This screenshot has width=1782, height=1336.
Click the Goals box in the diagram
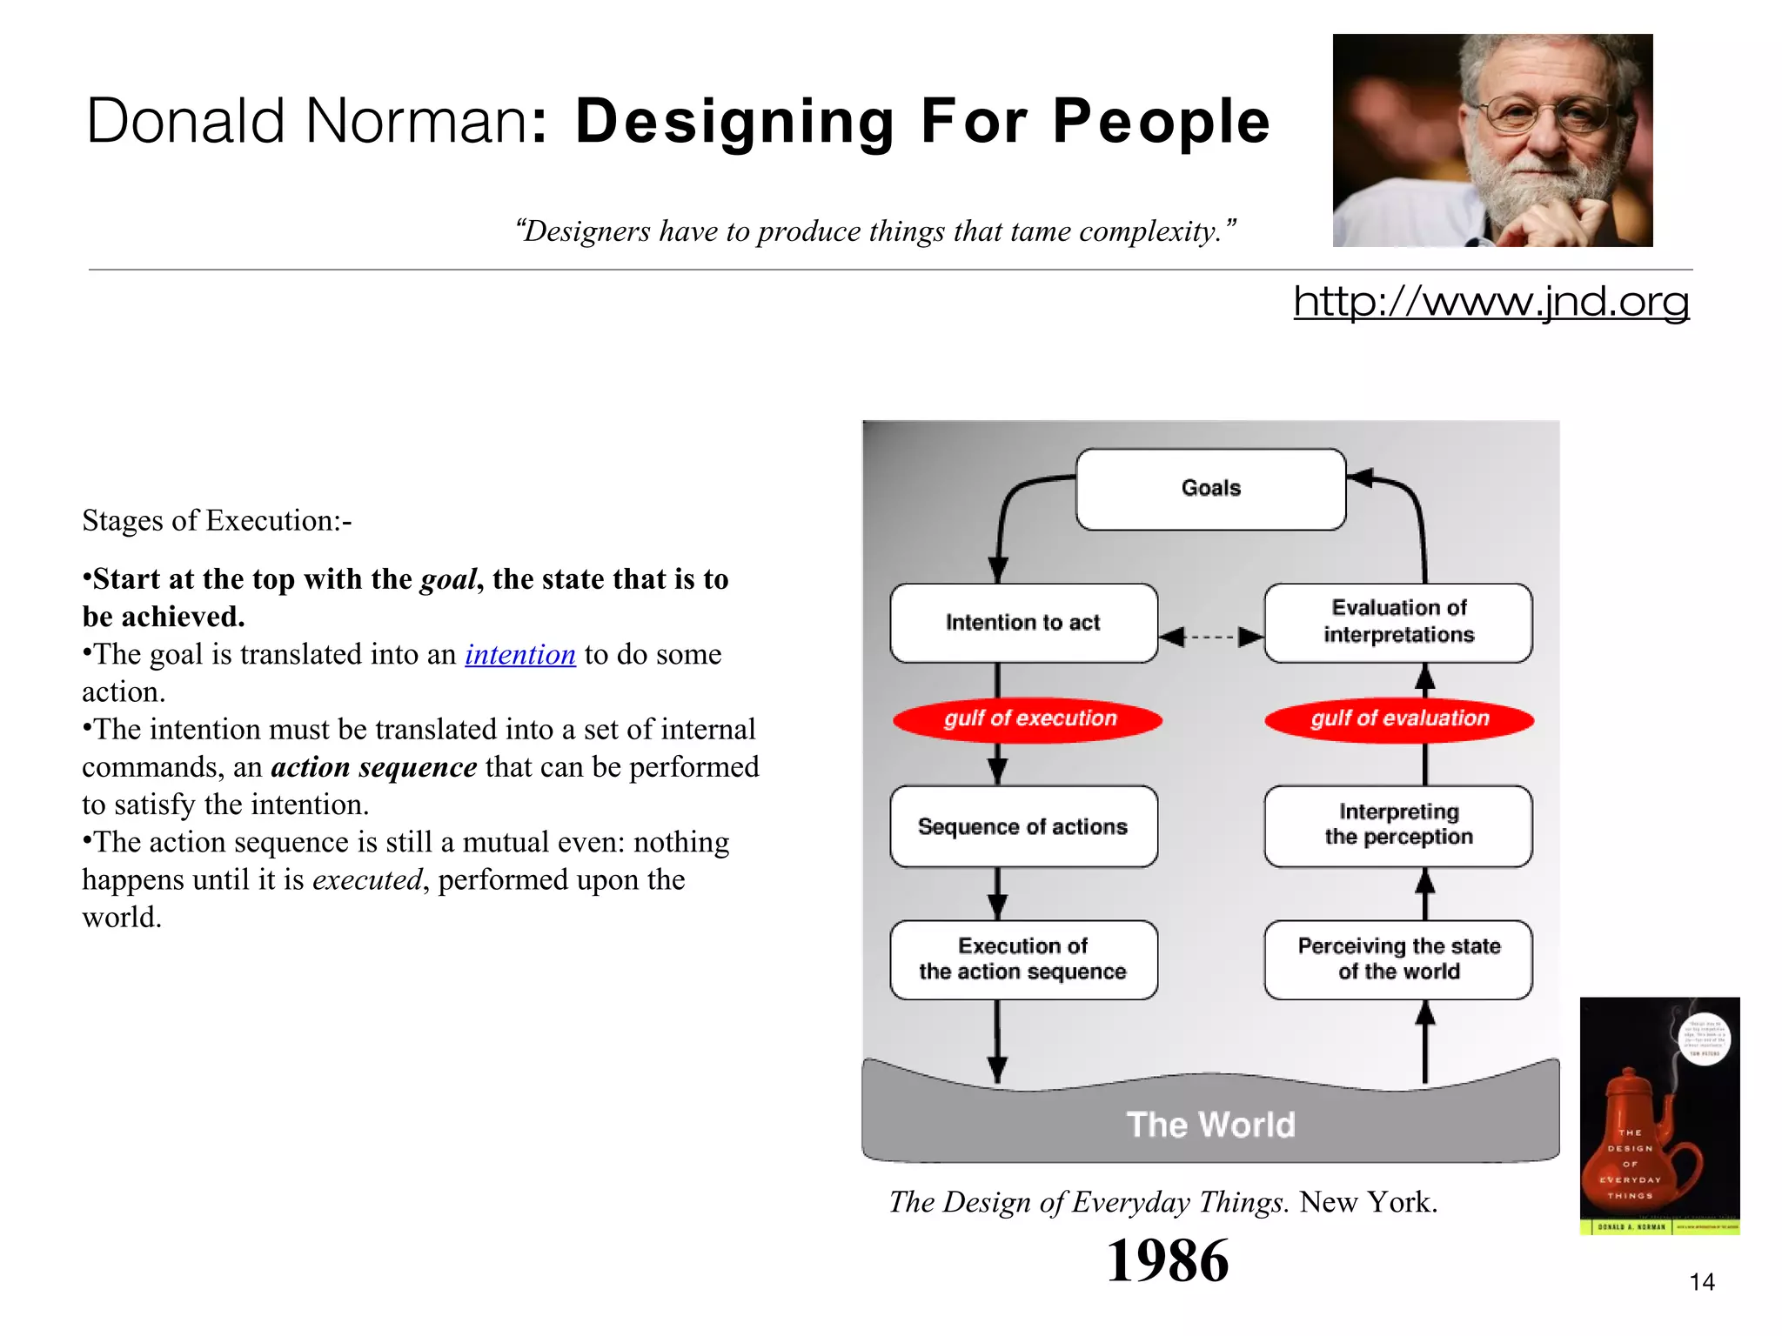coord(1210,489)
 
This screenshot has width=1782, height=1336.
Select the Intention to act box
coord(1023,623)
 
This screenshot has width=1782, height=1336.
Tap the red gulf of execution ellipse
coord(1028,719)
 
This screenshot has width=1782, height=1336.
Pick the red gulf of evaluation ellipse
coord(1398,719)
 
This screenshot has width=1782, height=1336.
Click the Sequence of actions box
coord(1023,826)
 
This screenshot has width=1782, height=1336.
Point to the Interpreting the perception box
coord(1398,825)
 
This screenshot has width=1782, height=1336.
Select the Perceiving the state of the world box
coord(1398,959)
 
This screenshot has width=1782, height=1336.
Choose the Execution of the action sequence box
coord(1023,959)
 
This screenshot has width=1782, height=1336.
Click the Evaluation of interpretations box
coord(1398,622)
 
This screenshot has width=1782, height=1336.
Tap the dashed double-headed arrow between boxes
coord(1211,637)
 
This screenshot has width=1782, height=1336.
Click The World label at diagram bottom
coord(1210,1125)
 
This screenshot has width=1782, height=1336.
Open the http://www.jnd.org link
coord(1491,302)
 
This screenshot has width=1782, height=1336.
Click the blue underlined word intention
coord(520,654)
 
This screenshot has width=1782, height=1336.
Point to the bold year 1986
coord(1167,1260)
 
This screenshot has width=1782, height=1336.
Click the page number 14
coord(1701,1281)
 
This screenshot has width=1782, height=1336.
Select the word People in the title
coord(1162,122)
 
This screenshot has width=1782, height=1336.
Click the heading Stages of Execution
coord(217,520)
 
